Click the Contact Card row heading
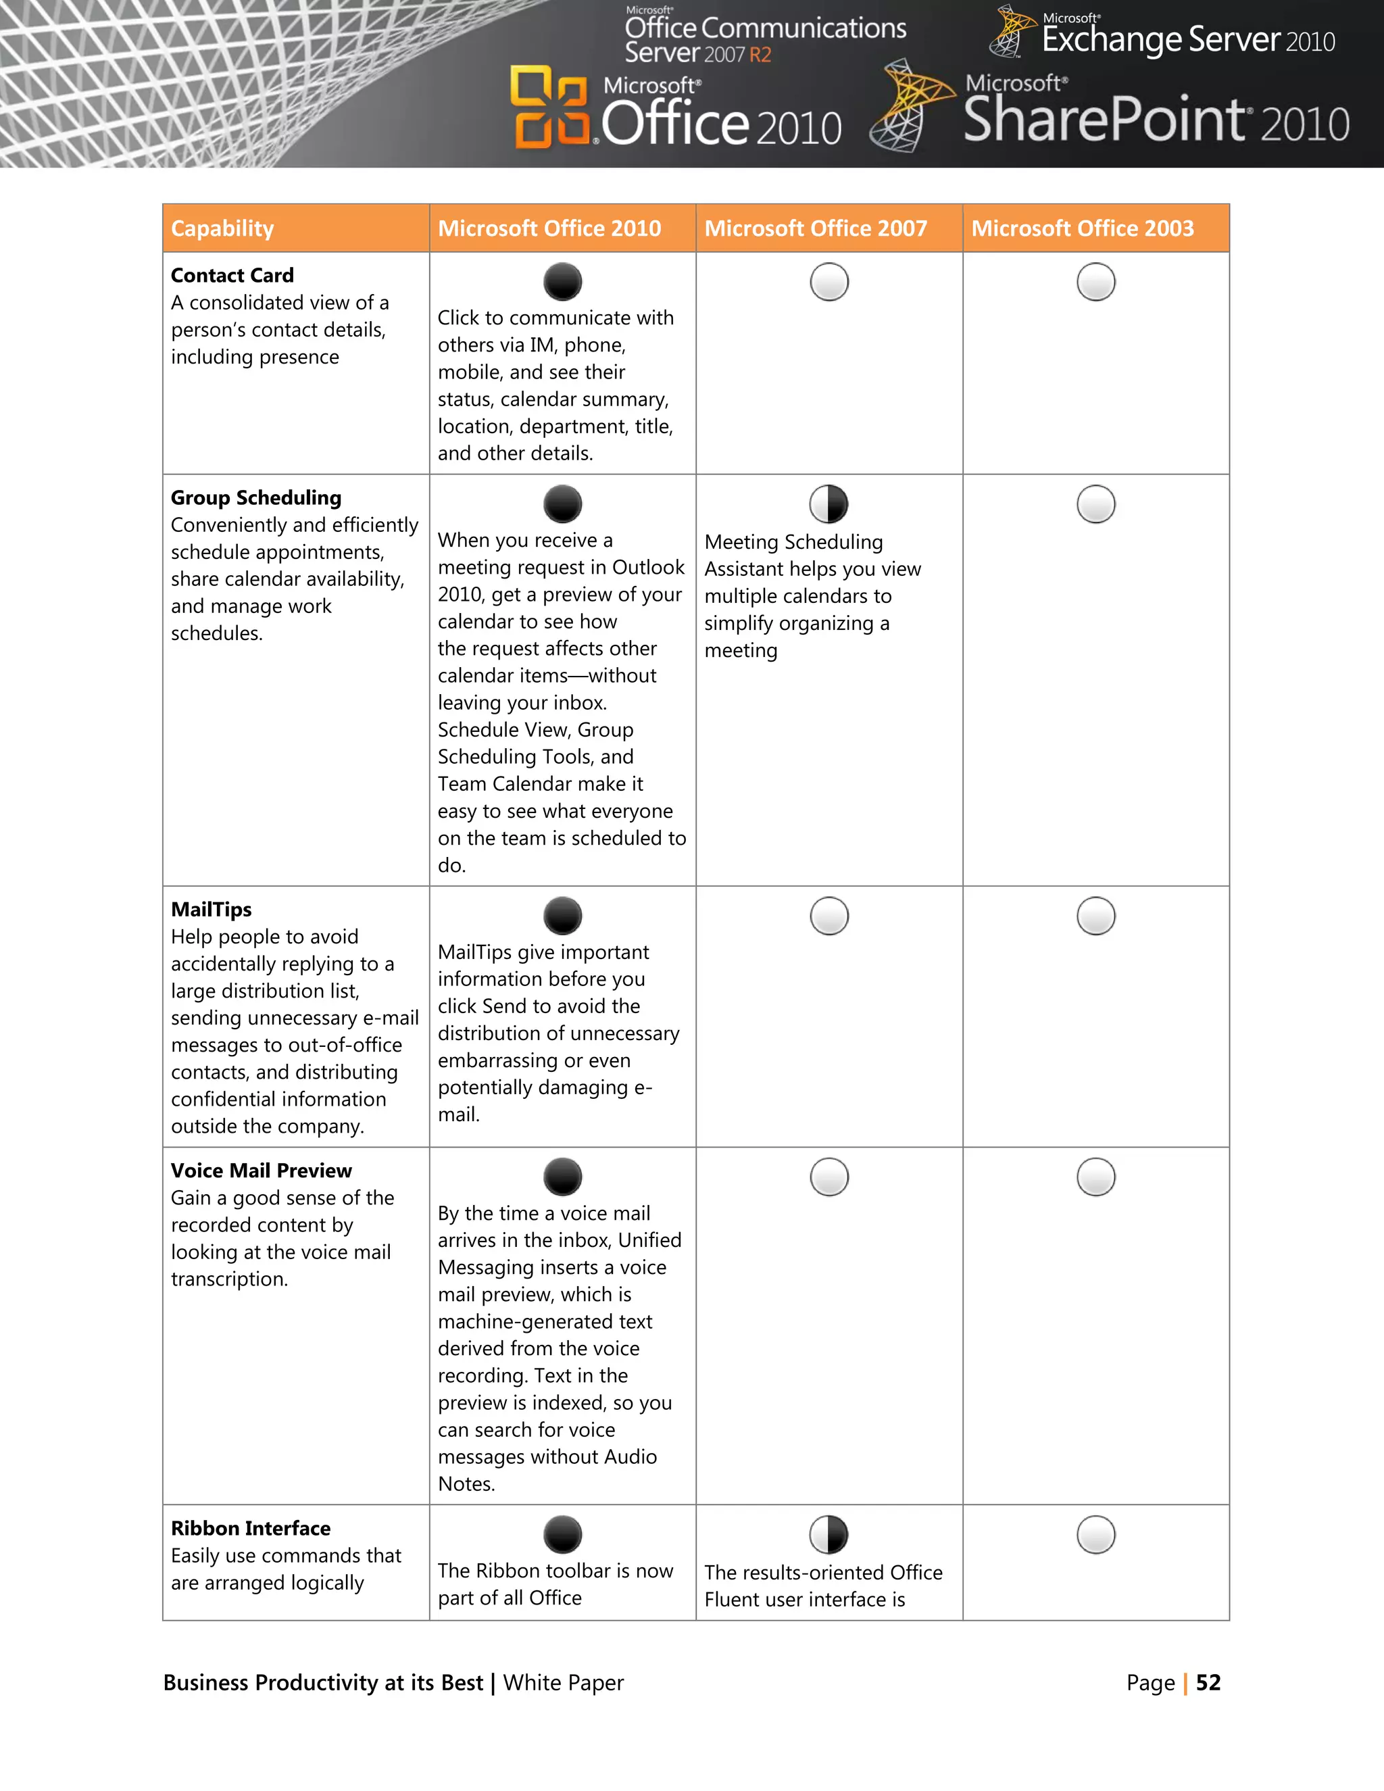click(x=232, y=276)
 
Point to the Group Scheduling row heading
click(x=256, y=498)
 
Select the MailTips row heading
click(x=212, y=910)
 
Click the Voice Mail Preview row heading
click(x=261, y=1170)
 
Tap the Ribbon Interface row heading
click(x=250, y=1528)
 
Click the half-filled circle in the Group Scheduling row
click(x=829, y=504)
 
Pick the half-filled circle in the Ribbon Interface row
click(x=829, y=1534)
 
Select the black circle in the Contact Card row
click(x=562, y=282)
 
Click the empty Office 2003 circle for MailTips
click(x=1095, y=916)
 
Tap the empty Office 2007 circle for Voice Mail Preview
click(x=829, y=1177)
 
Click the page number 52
click(x=1208, y=1683)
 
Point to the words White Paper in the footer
click(x=564, y=1683)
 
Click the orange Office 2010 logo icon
click(x=549, y=107)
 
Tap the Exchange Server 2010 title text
click(x=1187, y=39)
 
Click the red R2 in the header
click(x=760, y=55)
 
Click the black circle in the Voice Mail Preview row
click(x=562, y=1177)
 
